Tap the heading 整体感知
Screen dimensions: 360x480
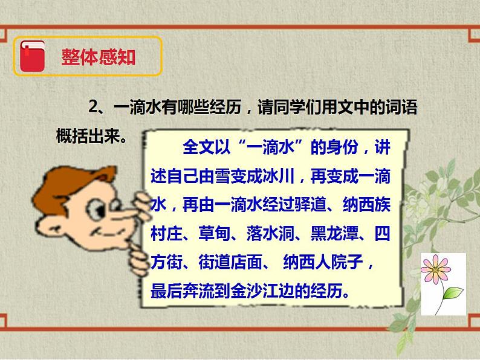point(98,57)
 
